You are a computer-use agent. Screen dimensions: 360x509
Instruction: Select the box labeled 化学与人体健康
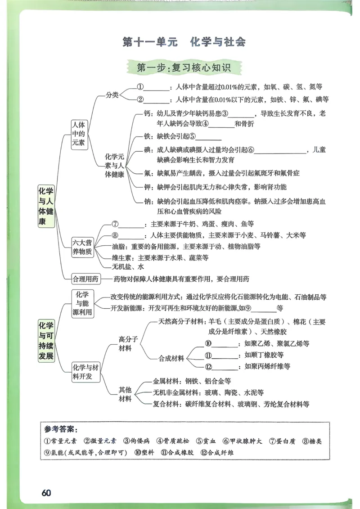point(46,206)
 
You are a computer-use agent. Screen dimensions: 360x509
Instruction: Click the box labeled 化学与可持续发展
point(46,341)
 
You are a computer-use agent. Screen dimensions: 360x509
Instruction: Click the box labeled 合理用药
point(85,279)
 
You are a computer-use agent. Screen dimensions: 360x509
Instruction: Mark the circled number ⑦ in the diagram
point(115,223)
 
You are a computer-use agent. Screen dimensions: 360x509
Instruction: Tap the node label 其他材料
point(125,394)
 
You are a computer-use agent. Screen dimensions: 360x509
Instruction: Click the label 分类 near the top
point(112,95)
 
